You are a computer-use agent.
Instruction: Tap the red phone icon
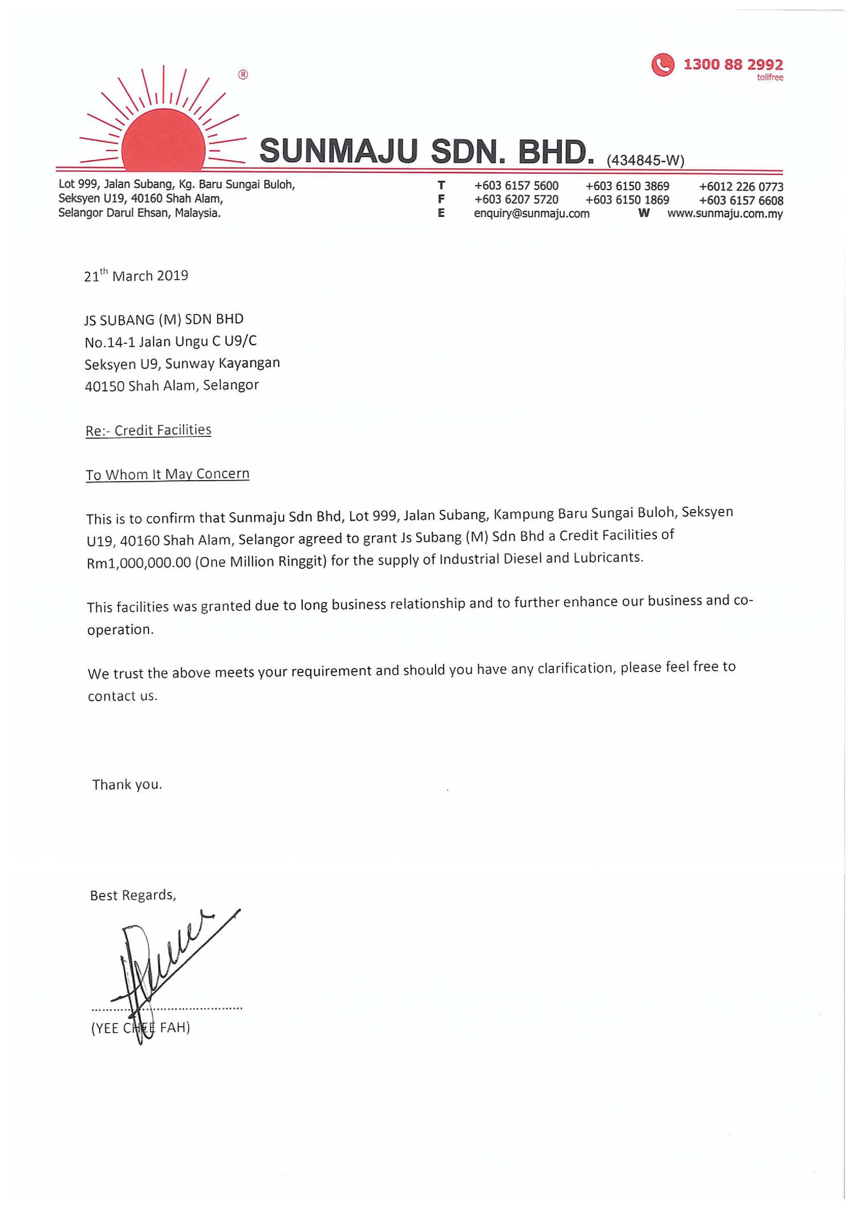point(662,65)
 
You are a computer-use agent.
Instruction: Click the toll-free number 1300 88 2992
point(733,64)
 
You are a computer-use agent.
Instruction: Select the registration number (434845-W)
point(645,161)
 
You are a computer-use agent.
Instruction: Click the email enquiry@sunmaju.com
point(531,214)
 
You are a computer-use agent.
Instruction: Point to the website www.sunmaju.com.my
point(725,214)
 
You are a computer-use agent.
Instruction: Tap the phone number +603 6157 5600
point(516,186)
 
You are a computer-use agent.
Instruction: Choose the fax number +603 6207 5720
point(516,200)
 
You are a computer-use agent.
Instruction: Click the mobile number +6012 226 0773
point(741,187)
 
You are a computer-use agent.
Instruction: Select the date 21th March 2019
point(136,276)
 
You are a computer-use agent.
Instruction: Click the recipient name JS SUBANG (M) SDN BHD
point(164,320)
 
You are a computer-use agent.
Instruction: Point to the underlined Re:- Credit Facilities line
point(148,431)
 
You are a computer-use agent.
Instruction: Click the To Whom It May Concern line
point(168,474)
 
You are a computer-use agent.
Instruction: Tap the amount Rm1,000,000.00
point(139,563)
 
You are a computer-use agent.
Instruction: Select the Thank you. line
point(127,785)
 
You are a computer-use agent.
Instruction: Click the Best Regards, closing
point(133,895)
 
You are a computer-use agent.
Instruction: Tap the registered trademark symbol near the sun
point(243,75)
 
